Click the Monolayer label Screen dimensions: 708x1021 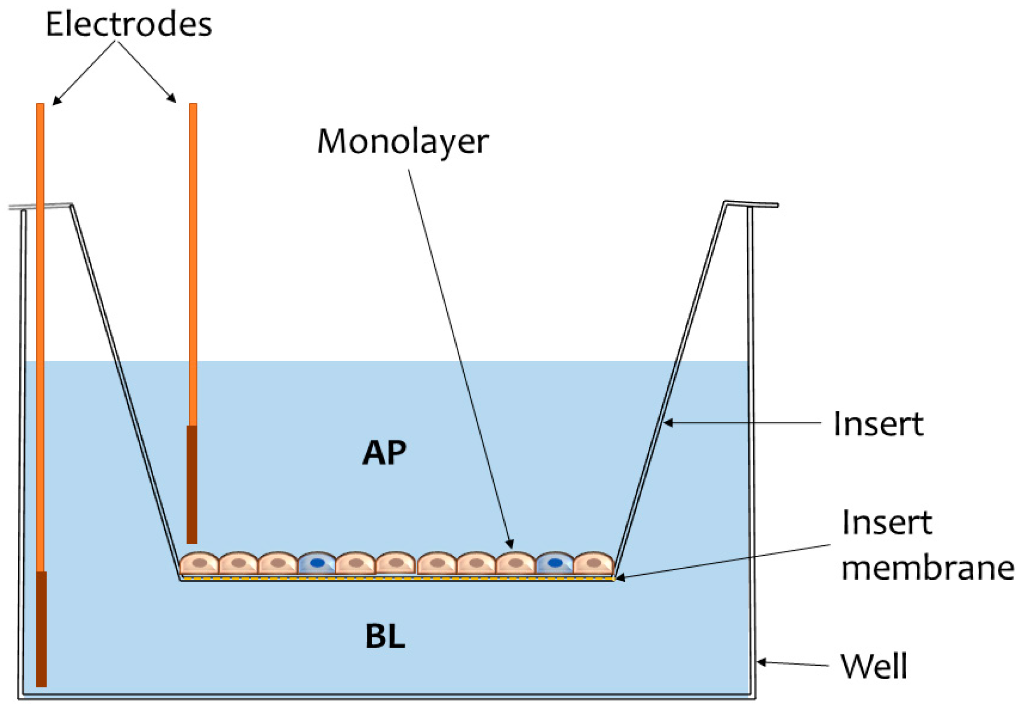tap(402, 142)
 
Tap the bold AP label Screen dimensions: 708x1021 tap(384, 452)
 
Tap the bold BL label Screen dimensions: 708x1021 tap(385, 637)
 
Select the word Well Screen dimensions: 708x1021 tap(874, 666)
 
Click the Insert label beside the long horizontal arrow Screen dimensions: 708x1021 tap(878, 424)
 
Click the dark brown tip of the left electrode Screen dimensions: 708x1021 tap(42, 629)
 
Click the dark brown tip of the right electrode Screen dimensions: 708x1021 tap(192, 484)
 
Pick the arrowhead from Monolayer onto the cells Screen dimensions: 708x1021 tap(510, 544)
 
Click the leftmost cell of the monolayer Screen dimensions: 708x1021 tap(199, 563)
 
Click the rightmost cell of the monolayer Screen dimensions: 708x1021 tap(594, 563)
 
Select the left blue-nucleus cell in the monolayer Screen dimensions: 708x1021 tap(317, 563)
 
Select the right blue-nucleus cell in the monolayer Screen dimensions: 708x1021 tap(555, 563)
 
